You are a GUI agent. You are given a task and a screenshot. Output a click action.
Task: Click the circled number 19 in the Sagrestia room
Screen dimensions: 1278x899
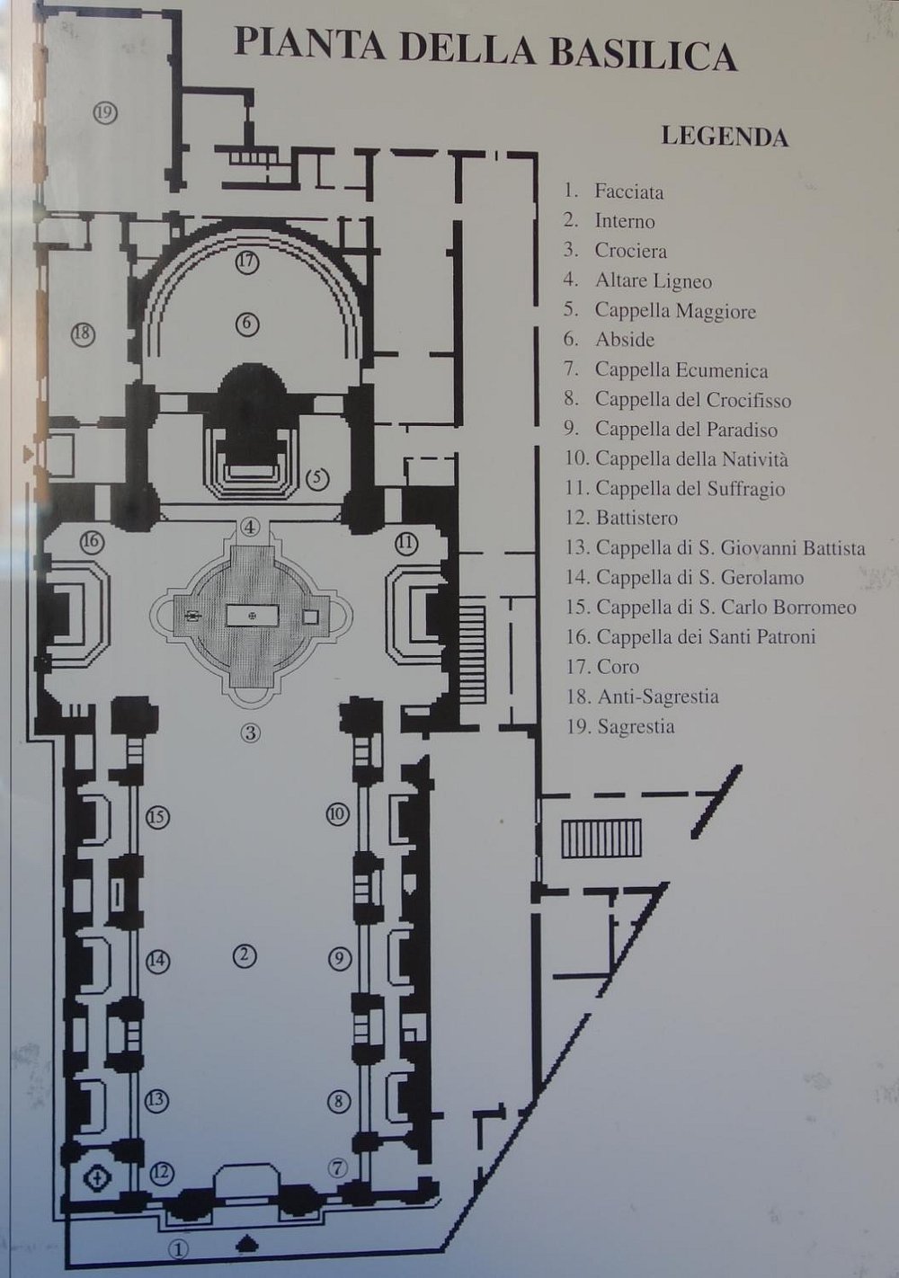pos(105,113)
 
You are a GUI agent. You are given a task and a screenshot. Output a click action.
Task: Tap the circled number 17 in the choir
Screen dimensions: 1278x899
pos(247,262)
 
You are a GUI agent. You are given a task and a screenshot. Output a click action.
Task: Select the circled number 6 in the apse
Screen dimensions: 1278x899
pos(247,323)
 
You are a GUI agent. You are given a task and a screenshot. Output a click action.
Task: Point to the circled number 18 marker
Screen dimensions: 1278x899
pos(83,333)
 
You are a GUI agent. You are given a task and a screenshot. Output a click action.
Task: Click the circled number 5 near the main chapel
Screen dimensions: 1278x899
pos(317,479)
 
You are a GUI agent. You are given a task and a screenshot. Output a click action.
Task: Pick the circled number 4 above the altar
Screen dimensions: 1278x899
pos(250,527)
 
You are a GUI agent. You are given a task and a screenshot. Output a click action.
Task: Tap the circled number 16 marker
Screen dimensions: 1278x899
pos(91,542)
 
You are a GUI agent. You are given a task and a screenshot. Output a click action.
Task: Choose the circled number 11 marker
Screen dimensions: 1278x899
pos(406,542)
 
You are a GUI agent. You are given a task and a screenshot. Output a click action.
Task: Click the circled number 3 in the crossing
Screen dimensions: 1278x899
pos(250,732)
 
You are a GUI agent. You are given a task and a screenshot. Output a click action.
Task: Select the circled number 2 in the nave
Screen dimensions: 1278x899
pos(242,957)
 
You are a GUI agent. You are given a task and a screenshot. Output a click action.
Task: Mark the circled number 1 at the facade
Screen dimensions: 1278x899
pos(180,1248)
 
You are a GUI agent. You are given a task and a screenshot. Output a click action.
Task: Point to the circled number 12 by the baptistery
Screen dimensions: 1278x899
pos(161,1172)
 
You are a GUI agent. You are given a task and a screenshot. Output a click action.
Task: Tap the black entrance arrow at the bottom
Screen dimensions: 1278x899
pos(247,1244)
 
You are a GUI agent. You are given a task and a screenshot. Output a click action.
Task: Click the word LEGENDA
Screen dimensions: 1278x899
pos(724,137)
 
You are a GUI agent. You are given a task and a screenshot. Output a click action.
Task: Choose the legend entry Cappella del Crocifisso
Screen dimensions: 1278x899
pos(692,400)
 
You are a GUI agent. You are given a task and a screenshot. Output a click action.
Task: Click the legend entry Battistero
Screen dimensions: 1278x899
pos(636,518)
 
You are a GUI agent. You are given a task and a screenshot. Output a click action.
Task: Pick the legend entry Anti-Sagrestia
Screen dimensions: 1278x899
pos(656,697)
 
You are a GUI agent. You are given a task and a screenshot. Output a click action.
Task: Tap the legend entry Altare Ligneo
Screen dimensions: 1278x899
pos(653,281)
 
